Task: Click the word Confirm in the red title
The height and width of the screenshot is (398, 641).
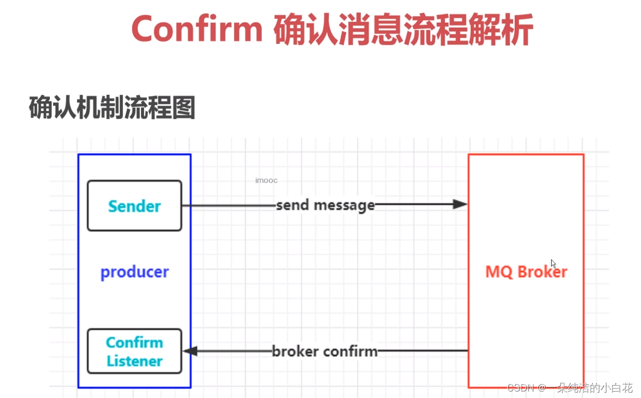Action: pyautogui.click(x=197, y=30)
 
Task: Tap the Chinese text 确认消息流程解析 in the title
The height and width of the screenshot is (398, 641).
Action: pyautogui.click(x=403, y=30)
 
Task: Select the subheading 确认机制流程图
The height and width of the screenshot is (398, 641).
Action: pyautogui.click(x=112, y=108)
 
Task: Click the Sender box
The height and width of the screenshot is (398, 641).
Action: pyautogui.click(x=134, y=206)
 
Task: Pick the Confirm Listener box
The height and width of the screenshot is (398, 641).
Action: pyautogui.click(x=134, y=351)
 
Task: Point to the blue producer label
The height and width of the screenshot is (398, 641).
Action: pyautogui.click(x=134, y=272)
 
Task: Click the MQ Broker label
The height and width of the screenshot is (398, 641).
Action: pyautogui.click(x=526, y=271)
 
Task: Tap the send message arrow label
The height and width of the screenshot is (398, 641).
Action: pyautogui.click(x=325, y=205)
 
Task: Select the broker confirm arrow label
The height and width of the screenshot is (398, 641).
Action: pyautogui.click(x=325, y=351)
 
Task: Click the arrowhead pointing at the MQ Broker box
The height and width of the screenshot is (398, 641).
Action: pyautogui.click(x=460, y=204)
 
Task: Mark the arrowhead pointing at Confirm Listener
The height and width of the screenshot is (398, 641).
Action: pyautogui.click(x=190, y=351)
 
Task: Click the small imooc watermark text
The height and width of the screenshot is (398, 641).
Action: pyautogui.click(x=266, y=180)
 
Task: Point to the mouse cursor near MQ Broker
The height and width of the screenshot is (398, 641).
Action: pyautogui.click(x=553, y=264)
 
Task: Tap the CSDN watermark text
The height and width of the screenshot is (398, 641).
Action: pyautogui.click(x=521, y=388)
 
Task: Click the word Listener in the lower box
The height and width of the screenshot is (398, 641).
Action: pyautogui.click(x=134, y=361)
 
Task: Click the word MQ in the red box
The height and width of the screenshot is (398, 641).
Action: pyautogui.click(x=497, y=271)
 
